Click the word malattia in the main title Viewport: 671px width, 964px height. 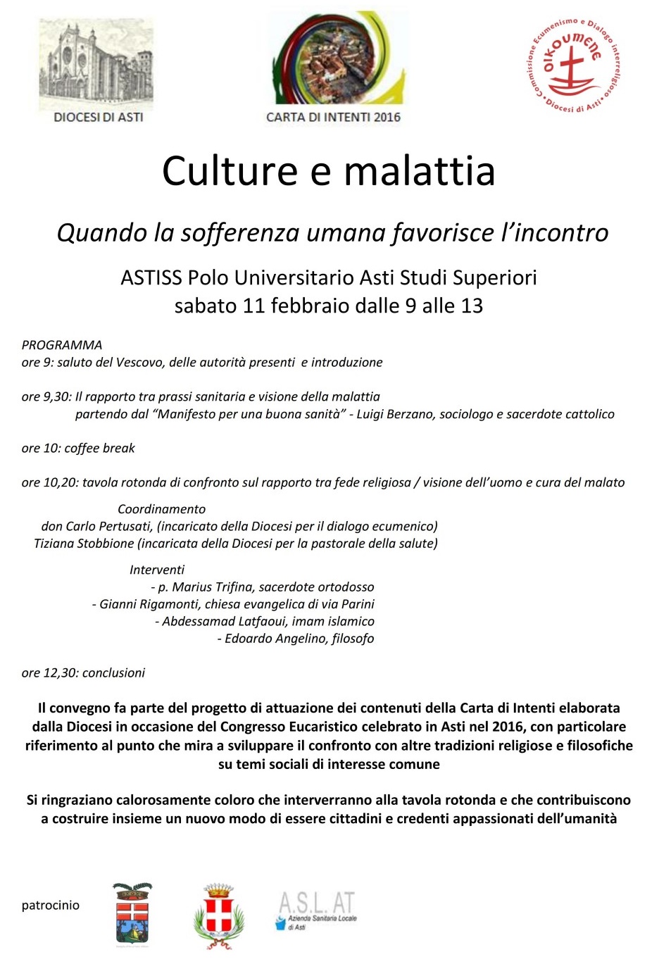point(420,171)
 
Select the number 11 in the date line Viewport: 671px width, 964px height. point(254,306)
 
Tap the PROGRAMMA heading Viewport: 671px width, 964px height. point(62,345)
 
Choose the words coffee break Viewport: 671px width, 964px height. point(99,448)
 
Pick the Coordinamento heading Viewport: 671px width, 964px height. point(161,509)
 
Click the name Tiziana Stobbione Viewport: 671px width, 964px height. point(84,543)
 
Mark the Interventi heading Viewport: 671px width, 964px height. point(157,570)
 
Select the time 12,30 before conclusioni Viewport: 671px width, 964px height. point(59,672)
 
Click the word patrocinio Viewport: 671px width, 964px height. point(51,906)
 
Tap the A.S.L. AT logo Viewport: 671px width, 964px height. point(316,910)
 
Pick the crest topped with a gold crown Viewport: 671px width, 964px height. point(219,915)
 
